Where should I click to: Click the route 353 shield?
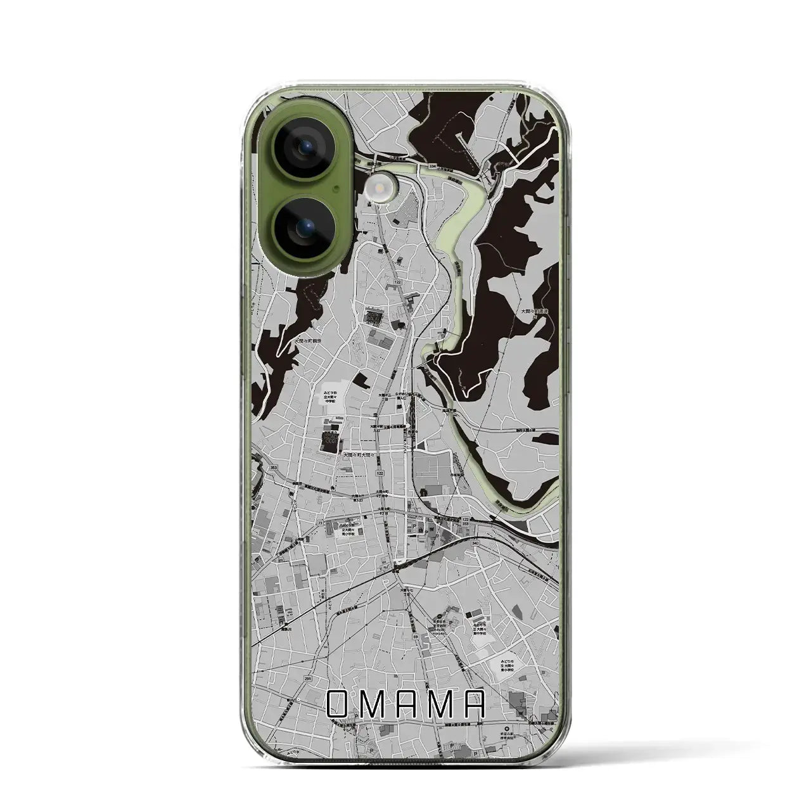[274, 468]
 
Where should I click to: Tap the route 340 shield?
[475, 542]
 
